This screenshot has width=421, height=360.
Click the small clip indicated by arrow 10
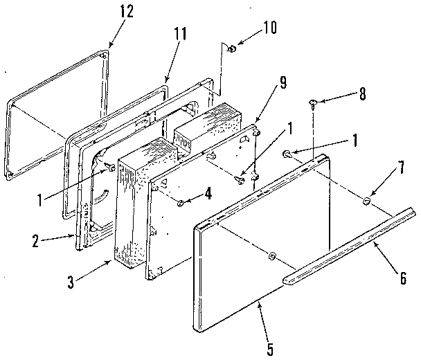232,48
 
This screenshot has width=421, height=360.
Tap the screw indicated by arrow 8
313,105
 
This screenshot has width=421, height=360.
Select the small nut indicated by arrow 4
180,203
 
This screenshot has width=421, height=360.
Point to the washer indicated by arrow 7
366,201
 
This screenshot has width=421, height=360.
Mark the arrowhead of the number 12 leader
109,48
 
